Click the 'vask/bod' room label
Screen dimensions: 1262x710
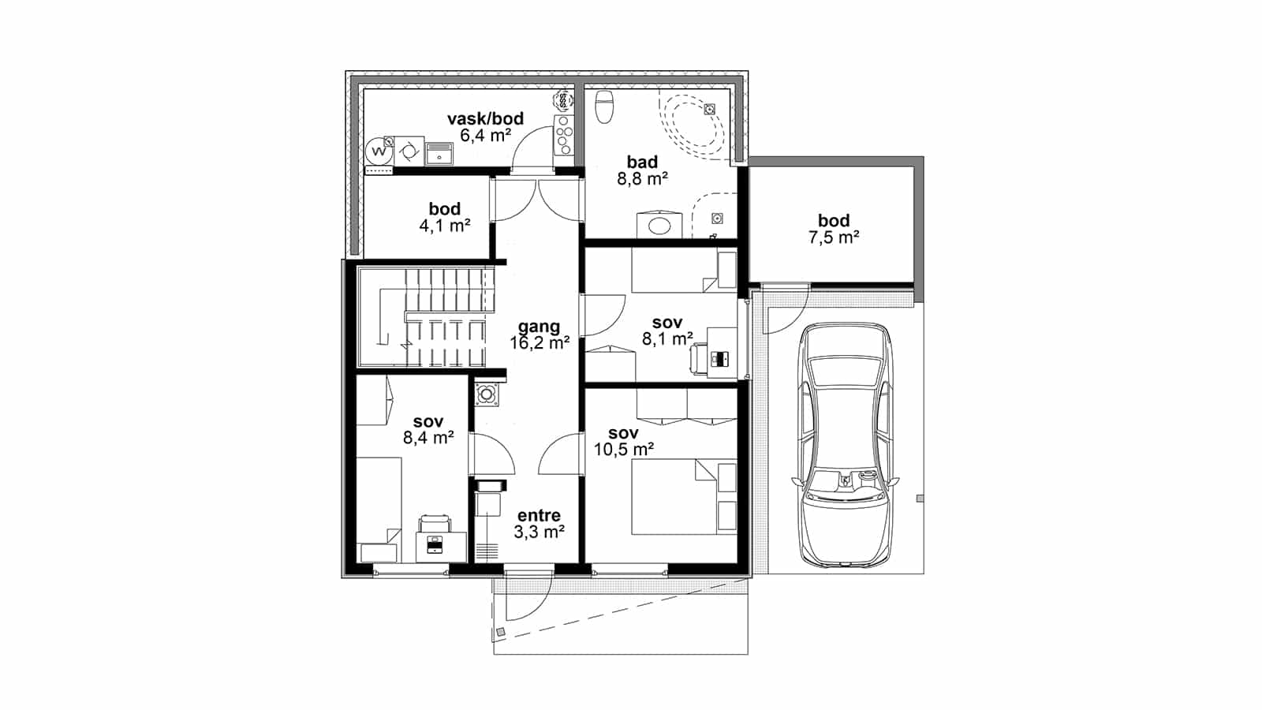pos(485,118)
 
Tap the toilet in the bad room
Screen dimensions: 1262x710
pos(604,106)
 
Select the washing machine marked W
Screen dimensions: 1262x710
pos(379,151)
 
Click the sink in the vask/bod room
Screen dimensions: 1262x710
pos(439,153)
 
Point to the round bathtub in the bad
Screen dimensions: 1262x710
pos(692,126)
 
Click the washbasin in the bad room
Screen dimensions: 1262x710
pos(659,226)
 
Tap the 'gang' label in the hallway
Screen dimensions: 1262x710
pos(540,327)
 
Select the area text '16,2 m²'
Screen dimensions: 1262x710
pos(540,342)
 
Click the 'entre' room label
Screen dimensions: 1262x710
pos(539,515)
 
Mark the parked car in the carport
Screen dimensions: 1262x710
pos(846,445)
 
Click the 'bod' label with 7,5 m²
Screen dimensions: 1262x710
pos(833,220)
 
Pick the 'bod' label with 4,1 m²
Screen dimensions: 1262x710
pos(445,208)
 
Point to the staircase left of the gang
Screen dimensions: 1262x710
pos(427,317)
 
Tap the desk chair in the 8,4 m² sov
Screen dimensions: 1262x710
pos(435,524)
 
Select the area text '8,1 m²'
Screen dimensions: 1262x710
pos(667,338)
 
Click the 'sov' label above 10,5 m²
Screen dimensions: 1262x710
pos(623,433)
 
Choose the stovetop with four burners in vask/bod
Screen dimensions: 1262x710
pos(563,134)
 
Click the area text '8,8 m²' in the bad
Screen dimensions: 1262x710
pos(642,178)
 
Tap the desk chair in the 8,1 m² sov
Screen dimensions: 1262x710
pos(700,358)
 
